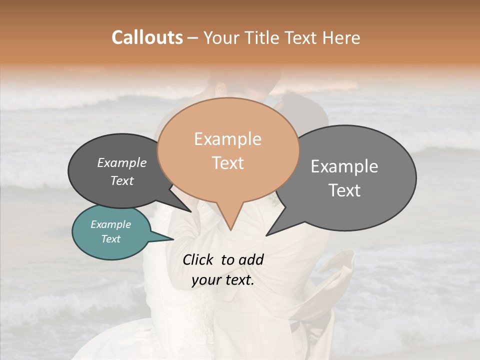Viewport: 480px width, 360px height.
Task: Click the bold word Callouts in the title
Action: [x=147, y=37]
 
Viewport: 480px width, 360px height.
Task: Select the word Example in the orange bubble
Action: [x=227, y=139]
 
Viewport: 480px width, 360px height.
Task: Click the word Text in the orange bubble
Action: [x=227, y=162]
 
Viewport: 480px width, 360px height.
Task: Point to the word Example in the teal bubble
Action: [x=110, y=224]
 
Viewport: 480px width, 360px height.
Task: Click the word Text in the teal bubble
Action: [x=110, y=239]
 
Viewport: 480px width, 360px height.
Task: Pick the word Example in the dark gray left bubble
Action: [x=121, y=162]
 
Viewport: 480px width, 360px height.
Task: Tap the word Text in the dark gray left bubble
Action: [x=121, y=180]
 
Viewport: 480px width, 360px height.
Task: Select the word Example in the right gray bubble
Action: [x=344, y=166]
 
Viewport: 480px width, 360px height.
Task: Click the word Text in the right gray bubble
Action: [x=344, y=190]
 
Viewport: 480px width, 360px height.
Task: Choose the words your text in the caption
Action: [x=222, y=280]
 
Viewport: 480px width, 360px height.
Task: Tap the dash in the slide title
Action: [x=193, y=37]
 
